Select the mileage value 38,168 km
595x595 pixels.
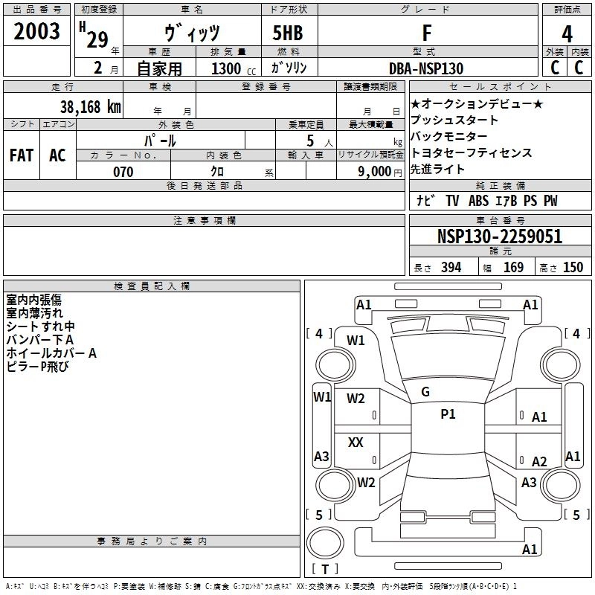click(x=91, y=106)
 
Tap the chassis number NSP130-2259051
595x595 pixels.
click(x=499, y=237)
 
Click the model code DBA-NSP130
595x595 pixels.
click(x=426, y=68)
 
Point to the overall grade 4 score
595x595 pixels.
click(x=567, y=34)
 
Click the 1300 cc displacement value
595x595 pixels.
click(x=226, y=68)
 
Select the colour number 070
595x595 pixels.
click(x=123, y=172)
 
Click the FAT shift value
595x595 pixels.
click(x=21, y=155)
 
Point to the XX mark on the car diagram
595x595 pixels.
click(x=356, y=443)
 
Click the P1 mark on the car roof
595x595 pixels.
click(x=448, y=414)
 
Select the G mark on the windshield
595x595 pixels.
click(x=425, y=392)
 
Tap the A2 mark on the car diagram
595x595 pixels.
click(x=539, y=462)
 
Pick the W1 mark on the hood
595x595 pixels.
click(x=356, y=341)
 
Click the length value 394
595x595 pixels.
click(x=451, y=267)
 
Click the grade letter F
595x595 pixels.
click(x=426, y=34)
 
